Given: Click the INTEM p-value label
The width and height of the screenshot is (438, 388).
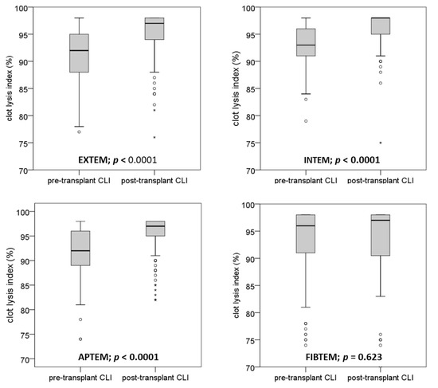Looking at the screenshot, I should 342,159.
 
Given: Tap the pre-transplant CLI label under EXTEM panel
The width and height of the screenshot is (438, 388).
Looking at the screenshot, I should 80,182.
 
